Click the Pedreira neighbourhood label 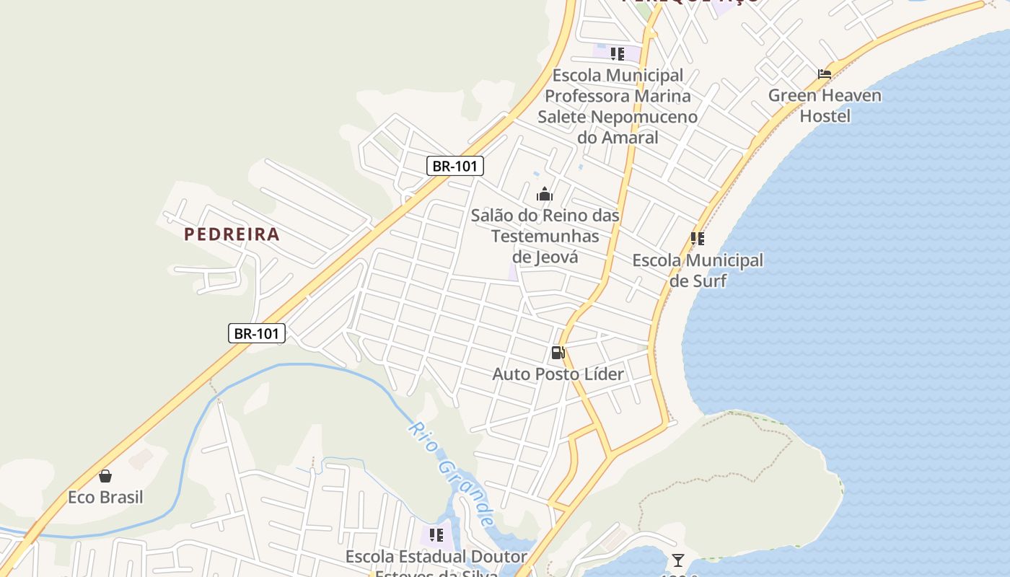click(232, 234)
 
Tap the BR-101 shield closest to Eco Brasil click(257, 333)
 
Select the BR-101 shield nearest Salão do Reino click(454, 167)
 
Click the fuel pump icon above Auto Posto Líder click(558, 353)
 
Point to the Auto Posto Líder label click(558, 374)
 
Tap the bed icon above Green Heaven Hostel click(825, 74)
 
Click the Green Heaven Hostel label click(825, 105)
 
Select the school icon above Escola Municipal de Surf click(697, 239)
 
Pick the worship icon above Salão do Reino click(545, 194)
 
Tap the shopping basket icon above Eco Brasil click(105, 476)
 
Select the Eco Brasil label click(105, 498)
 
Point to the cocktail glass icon click(677, 560)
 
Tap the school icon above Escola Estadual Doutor click(436, 535)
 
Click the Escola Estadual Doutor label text click(436, 557)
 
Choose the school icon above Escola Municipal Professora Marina click(617, 54)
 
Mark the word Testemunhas click(545, 236)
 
